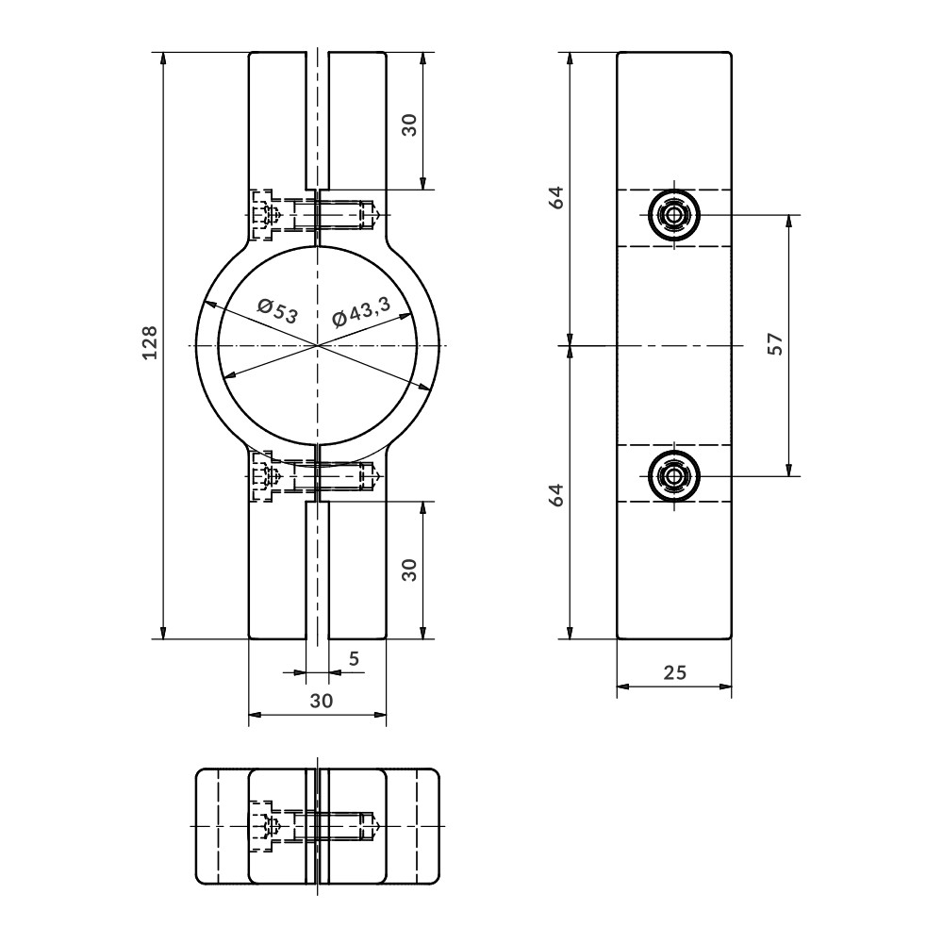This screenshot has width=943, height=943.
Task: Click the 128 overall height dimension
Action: pos(150,343)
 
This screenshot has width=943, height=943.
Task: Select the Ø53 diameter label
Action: pos(277,311)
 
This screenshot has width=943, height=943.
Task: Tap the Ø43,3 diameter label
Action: pos(361,311)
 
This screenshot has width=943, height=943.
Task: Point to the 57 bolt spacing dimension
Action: pos(776,344)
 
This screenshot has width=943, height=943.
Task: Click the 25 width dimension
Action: pos(675,672)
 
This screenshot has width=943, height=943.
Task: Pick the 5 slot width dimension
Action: pos(355,659)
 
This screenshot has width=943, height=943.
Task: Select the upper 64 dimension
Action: pos(558,197)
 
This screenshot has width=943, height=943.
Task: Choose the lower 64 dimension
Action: pos(558,494)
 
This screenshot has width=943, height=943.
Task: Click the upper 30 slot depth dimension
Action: pos(409,125)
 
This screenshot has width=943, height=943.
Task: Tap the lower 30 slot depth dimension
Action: pos(409,570)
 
